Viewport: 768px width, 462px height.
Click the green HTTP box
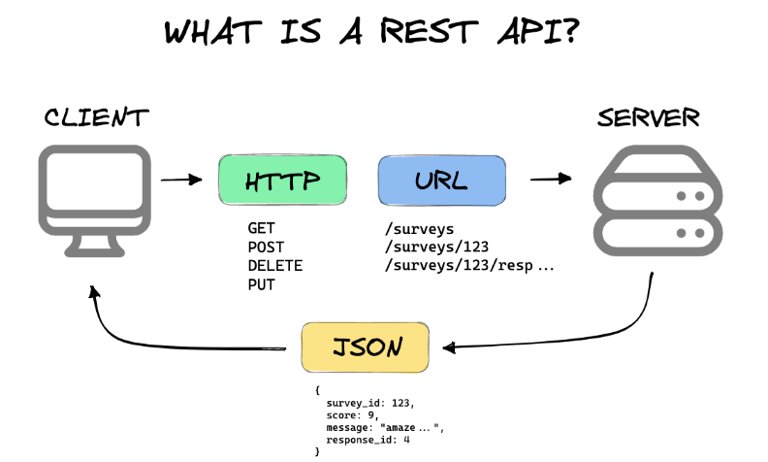click(282, 181)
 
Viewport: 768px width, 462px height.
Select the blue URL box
click(442, 181)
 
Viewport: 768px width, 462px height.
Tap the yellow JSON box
click(365, 346)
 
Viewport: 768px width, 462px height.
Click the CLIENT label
click(96, 118)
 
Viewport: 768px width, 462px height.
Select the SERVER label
click(649, 118)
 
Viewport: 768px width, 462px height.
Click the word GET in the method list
click(262, 229)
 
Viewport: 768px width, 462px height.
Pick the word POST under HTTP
click(267, 247)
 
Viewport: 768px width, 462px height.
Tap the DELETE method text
click(275, 266)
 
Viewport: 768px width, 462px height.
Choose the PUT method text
click(262, 284)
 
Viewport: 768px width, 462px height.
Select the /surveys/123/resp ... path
click(469, 266)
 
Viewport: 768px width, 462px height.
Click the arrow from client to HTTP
click(180, 180)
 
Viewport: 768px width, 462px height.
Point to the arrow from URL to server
click(550, 180)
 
